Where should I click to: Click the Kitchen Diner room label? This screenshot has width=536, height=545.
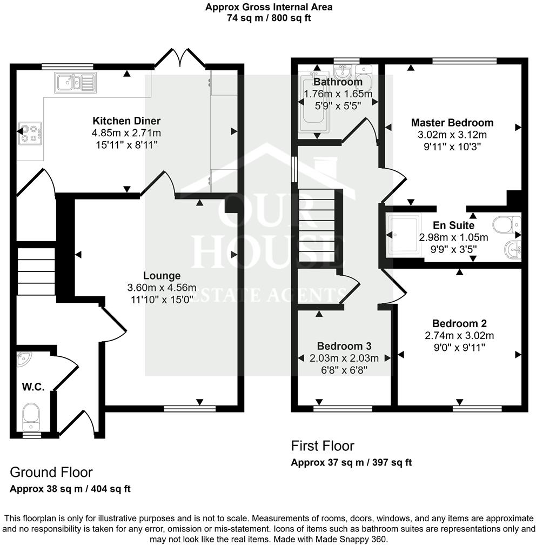pos(126,121)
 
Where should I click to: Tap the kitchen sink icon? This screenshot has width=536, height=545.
pos(75,82)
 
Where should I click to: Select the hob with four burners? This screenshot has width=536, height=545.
pos(30,133)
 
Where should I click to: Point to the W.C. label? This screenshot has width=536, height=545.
pos(33,387)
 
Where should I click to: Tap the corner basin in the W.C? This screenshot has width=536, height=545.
pos(24,357)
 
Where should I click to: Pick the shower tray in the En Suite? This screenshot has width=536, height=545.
pos(404,235)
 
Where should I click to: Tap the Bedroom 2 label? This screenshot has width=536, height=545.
pos(459,324)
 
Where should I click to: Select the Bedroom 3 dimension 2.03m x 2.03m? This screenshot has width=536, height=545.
pos(344,358)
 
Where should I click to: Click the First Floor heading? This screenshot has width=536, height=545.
pos(323,446)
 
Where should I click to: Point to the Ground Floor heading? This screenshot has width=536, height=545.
pos(51,473)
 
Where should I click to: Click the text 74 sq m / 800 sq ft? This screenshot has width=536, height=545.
pos(269,18)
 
